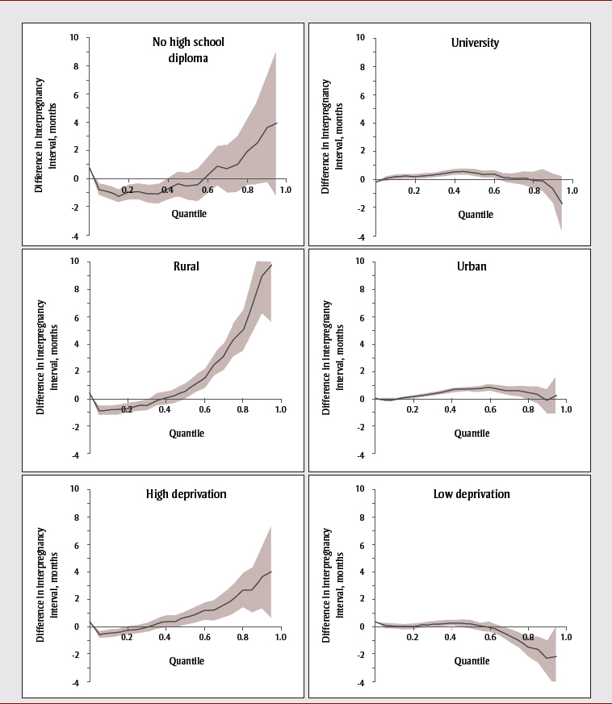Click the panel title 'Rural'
coord(187,266)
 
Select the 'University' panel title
coord(474,43)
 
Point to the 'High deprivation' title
coord(187,493)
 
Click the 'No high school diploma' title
coord(188,50)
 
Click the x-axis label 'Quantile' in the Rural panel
coord(187,433)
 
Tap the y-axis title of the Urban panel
coord(327,358)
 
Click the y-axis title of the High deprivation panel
coord(40,585)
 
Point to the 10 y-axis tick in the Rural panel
coord(73,261)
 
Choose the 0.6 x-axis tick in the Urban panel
coord(488,410)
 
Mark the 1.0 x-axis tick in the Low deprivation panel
coord(566,638)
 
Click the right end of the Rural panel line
coord(272,265)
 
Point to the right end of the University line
coord(562,204)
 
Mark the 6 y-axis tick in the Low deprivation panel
coord(362,545)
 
